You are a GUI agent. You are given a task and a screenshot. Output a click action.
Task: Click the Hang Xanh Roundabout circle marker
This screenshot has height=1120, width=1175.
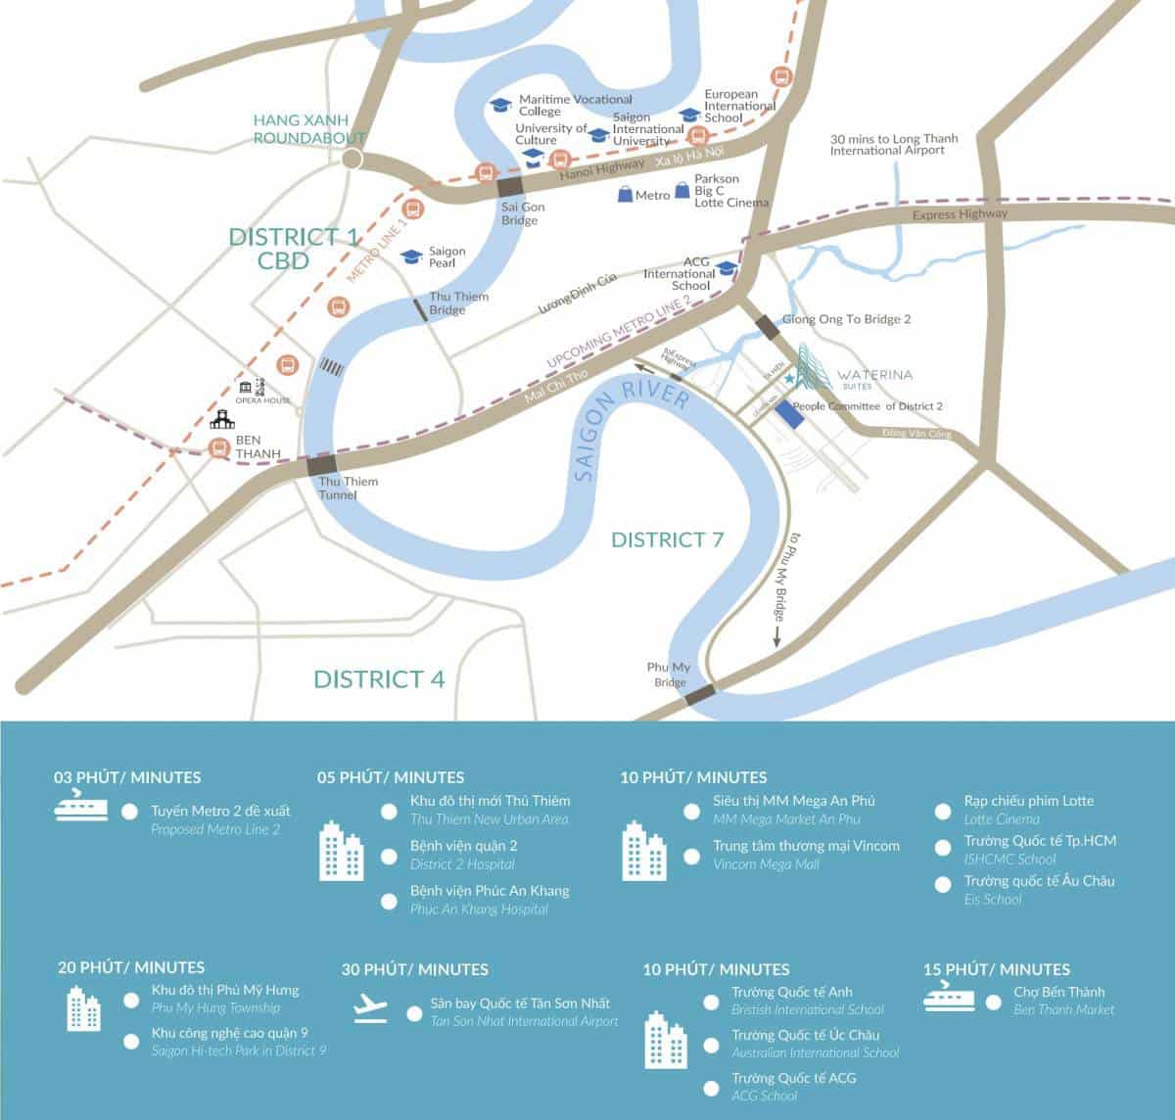352,160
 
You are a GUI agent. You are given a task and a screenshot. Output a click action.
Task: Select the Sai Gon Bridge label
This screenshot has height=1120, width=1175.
522,213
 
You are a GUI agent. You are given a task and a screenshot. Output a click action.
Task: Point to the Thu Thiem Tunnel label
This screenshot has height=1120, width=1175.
348,488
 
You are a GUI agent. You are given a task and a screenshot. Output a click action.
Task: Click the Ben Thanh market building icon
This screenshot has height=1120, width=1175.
220,419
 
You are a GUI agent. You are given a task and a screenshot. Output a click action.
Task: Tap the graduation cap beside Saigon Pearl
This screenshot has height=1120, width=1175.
411,257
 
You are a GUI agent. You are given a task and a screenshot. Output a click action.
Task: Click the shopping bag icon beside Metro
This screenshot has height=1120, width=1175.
625,195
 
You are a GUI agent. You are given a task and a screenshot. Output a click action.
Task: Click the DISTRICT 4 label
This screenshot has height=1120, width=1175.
379,679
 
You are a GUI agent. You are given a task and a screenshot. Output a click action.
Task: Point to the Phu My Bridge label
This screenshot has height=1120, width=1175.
670,675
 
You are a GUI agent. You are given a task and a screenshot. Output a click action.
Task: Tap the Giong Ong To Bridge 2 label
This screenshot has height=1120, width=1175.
846,319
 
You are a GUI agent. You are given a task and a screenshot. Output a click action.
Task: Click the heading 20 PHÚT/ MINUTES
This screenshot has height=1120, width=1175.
131,967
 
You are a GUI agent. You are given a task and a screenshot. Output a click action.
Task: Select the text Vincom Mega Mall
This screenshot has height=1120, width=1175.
773,864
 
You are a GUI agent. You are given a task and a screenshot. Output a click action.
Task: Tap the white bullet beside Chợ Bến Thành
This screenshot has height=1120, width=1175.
991,1000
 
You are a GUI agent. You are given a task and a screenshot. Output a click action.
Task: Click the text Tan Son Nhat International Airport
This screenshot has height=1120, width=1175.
524,1021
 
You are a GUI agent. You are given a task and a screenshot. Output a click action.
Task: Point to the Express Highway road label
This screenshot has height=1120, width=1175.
959,214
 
